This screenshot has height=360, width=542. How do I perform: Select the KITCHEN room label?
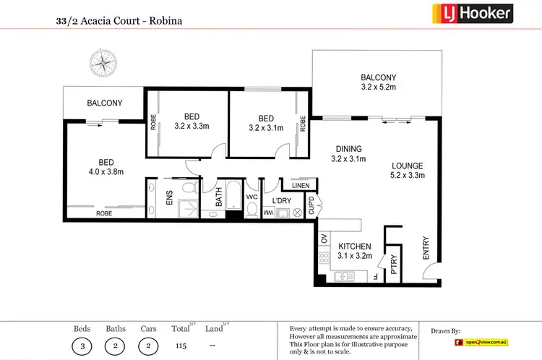click(x=355, y=247)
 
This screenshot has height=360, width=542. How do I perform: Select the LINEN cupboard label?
click(x=300, y=186)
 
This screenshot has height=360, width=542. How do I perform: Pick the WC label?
click(x=251, y=196)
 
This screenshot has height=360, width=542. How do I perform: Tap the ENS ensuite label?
click(x=169, y=197)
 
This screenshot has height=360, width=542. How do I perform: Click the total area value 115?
click(x=181, y=346)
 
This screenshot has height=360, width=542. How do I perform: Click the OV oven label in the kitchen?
click(x=323, y=239)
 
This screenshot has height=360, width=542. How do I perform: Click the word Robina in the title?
click(x=165, y=21)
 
